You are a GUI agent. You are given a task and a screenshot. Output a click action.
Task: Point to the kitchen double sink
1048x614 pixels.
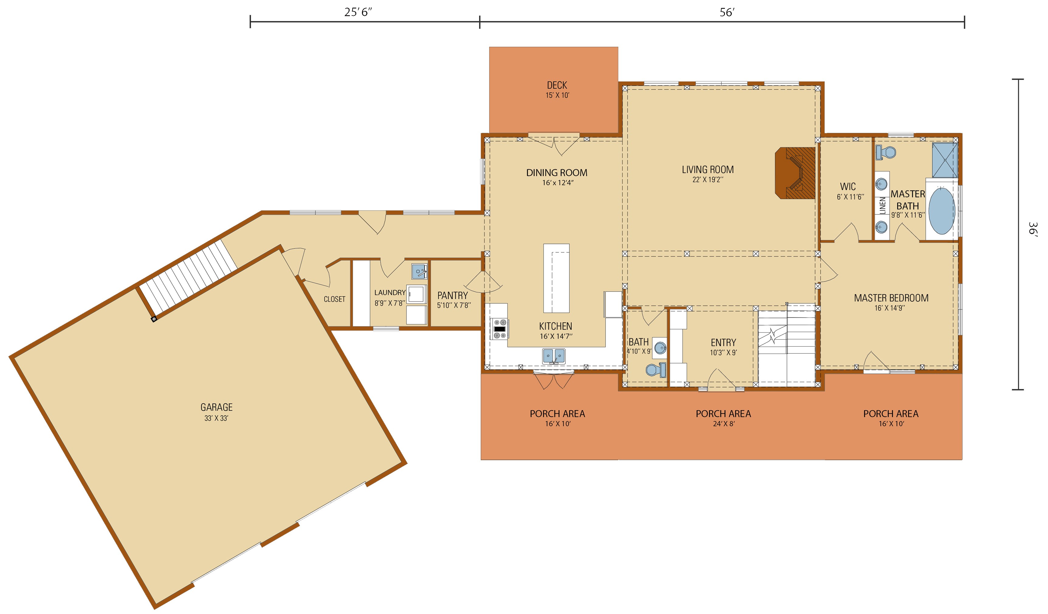pyautogui.click(x=554, y=356)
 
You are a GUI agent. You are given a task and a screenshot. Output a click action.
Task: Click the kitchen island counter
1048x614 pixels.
pyautogui.click(x=557, y=278)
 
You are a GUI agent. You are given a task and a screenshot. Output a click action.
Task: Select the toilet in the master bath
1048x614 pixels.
pyautogui.click(x=885, y=153)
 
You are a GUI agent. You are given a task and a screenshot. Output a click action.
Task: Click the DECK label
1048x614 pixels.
pyautogui.click(x=557, y=85)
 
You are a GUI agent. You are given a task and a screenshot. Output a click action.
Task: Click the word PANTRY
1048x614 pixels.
pyautogui.click(x=453, y=295)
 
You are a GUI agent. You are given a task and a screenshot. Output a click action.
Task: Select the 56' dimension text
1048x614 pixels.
pyautogui.click(x=727, y=12)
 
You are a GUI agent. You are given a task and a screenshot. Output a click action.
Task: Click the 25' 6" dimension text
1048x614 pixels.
pyautogui.click(x=358, y=12)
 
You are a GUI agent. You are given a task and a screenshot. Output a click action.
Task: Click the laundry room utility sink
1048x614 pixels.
pyautogui.click(x=419, y=271)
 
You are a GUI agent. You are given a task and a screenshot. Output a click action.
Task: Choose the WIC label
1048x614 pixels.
pyautogui.click(x=848, y=187)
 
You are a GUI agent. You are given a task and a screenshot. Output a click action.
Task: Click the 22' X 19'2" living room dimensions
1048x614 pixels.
pyautogui.click(x=708, y=180)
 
